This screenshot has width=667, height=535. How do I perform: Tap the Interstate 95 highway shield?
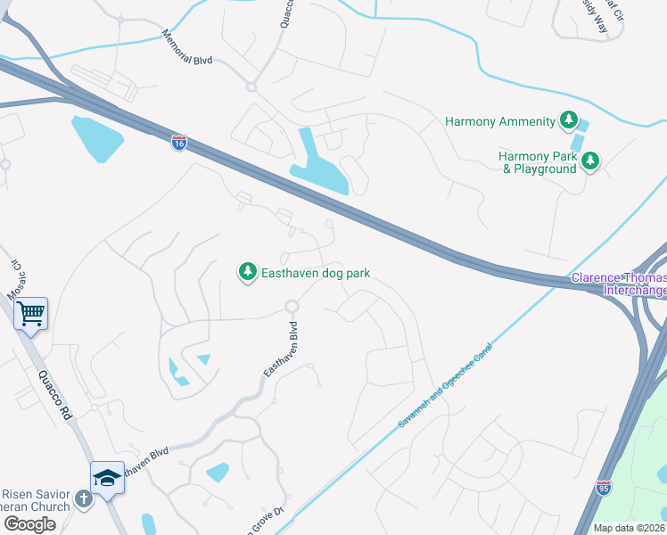coord(604,487)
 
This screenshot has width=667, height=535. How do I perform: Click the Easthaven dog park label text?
coord(315,273)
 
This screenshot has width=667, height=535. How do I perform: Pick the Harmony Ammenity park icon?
coord(568,120)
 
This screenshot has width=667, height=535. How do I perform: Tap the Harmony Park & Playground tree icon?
coord(589,161)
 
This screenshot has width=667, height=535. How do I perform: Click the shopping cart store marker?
coord(31,313)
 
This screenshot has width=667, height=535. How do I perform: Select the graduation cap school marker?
coord(107,477)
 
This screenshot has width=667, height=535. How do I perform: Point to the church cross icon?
coord(84,498)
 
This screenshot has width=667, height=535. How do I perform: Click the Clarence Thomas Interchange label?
coord(618,284)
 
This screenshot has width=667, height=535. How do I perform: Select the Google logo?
coord(29,524)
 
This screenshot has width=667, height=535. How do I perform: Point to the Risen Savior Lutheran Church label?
coord(36,500)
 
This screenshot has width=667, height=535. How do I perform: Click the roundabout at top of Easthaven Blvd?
coord(291,307)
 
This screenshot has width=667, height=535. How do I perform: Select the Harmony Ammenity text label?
coord(500,120)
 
